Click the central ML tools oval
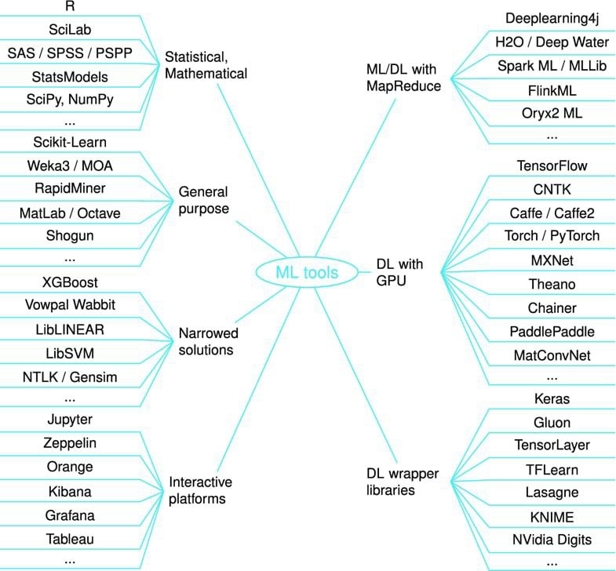coord(307,272)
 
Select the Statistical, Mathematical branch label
coord(206,65)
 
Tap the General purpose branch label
coord(203,200)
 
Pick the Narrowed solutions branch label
coord(208,341)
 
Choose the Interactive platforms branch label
coord(200,490)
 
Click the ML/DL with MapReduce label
coord(403,78)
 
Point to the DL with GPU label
coord(399,272)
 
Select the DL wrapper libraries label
coord(403,482)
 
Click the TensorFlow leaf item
coord(552,165)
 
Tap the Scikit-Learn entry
coord(70,142)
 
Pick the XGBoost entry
coord(70,282)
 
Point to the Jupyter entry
coord(70,420)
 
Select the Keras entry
coord(552,399)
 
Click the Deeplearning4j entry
coord(552,19)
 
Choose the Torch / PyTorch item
coord(552,235)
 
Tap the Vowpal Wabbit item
coord(70,305)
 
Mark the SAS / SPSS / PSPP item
coord(70,53)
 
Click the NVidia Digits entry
coord(552,540)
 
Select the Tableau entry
coord(70,539)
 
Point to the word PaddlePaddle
coord(552,332)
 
